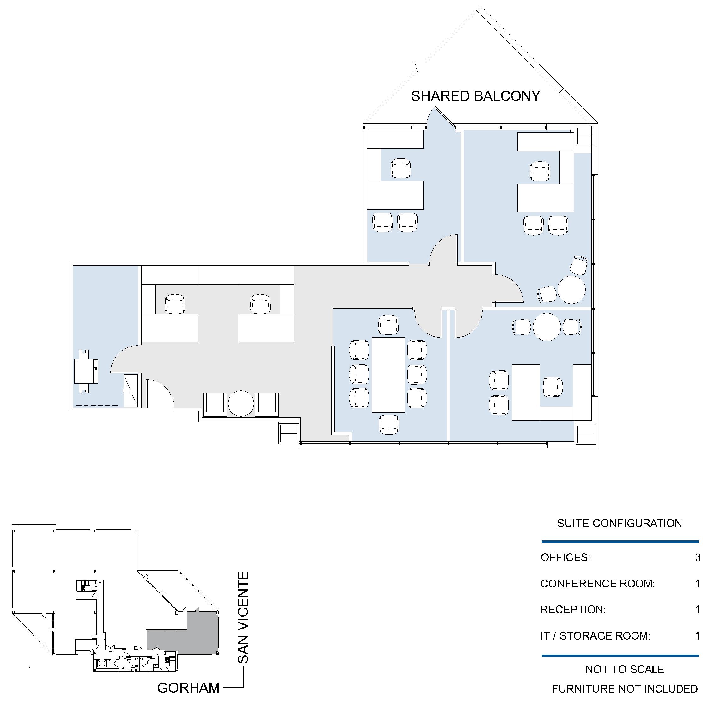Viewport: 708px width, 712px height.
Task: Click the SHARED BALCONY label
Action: pyautogui.click(x=475, y=96)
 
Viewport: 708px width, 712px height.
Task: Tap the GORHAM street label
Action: pyautogui.click(x=188, y=688)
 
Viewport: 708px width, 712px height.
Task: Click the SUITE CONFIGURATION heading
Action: pyautogui.click(x=619, y=523)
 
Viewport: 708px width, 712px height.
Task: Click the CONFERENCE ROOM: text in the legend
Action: pyautogui.click(x=597, y=584)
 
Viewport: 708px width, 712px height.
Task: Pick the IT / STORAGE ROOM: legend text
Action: pyautogui.click(x=595, y=636)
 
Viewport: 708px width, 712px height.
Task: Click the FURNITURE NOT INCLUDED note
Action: pyautogui.click(x=625, y=689)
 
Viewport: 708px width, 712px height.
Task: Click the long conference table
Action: pyautogui.click(x=388, y=375)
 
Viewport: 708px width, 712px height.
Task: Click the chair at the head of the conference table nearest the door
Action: pyautogui.click(x=388, y=325)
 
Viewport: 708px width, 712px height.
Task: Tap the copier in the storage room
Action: pyautogui.click(x=87, y=371)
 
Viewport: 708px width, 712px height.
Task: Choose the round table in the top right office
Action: pyautogui.click(x=571, y=290)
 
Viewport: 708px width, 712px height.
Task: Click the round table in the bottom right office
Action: pyautogui.click(x=547, y=327)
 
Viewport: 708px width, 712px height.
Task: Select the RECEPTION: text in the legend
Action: pyautogui.click(x=573, y=610)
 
